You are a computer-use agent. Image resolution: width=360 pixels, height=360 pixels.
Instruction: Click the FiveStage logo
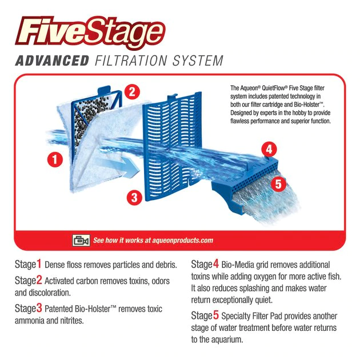click(x=90, y=32)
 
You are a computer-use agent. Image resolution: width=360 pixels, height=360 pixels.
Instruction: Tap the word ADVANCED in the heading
click(x=52, y=61)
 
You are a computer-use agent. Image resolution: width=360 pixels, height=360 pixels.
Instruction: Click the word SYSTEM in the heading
click(x=198, y=61)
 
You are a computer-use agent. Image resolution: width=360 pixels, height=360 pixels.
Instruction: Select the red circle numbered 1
click(x=55, y=159)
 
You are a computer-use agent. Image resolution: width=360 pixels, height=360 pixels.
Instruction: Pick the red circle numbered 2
click(x=132, y=92)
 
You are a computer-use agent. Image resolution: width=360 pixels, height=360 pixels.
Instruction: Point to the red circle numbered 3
click(x=134, y=197)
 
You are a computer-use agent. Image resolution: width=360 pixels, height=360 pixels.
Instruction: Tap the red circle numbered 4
click(x=269, y=150)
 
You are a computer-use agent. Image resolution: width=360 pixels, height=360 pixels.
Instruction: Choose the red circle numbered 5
click(x=278, y=184)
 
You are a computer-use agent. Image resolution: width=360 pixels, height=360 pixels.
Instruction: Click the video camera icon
click(x=81, y=241)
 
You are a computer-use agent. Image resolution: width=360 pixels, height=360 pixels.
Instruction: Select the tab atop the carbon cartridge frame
click(x=104, y=90)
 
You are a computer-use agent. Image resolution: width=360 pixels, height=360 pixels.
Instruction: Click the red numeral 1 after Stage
click(x=39, y=264)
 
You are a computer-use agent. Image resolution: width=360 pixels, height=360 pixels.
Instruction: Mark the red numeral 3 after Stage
click(x=39, y=308)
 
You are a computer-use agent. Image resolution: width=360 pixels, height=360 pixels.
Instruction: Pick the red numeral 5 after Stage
click(x=216, y=315)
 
